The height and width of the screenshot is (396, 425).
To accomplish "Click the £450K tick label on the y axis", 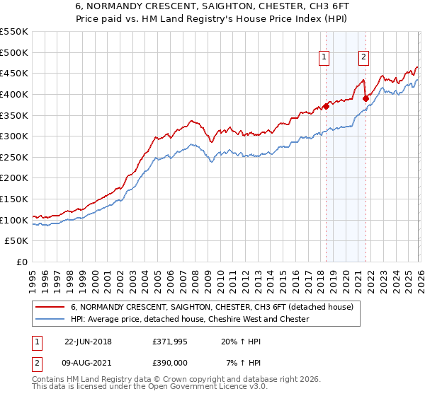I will pos(14,73).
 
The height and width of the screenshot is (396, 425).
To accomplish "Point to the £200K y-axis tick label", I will pos(14,178).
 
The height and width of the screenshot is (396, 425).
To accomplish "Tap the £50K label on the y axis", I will pos(17,241).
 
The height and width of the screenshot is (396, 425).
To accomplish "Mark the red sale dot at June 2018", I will pos(326,106).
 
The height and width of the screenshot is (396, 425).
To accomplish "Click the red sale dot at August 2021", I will pos(365,98).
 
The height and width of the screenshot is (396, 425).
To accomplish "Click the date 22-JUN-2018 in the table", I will pos(88,341).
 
